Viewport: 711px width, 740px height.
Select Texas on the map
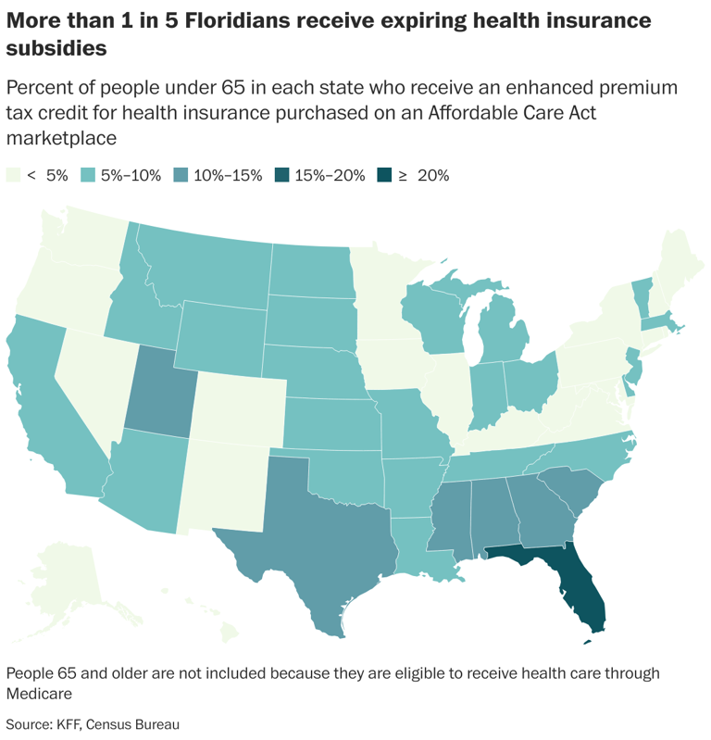coord(315,546)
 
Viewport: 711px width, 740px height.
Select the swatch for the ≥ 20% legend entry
coord(383,175)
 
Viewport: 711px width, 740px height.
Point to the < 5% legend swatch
coord(13,175)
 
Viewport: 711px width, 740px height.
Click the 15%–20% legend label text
coord(329,175)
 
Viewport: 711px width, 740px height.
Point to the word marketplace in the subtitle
coord(61,138)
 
